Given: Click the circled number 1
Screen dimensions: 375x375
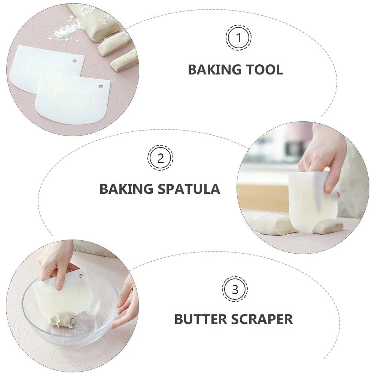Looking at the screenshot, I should (x=238, y=38).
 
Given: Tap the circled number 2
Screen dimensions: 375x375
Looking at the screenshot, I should (x=160, y=158).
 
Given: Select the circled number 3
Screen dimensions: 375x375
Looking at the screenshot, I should (x=235, y=289).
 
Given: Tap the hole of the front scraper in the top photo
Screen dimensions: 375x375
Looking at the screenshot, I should (x=101, y=86).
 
